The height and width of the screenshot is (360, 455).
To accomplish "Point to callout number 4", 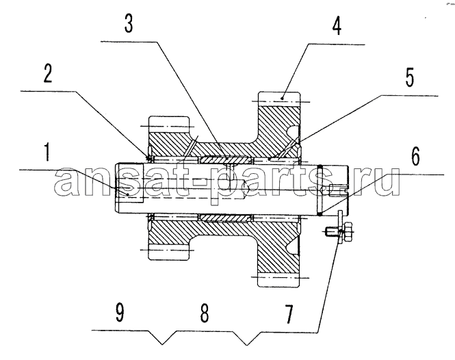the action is pyautogui.click(x=337, y=26).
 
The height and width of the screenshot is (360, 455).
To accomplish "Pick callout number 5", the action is pyautogui.click(x=410, y=77).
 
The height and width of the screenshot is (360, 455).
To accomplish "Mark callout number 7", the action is pyautogui.click(x=289, y=314).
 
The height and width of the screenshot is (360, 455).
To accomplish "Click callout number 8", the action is pyautogui.click(x=205, y=313).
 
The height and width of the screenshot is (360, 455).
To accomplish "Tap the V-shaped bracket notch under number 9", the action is pyautogui.click(x=163, y=337).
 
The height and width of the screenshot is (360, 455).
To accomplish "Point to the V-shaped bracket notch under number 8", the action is pyautogui.click(x=246, y=338).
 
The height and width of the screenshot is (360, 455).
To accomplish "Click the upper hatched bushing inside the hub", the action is pyautogui.click(x=224, y=159).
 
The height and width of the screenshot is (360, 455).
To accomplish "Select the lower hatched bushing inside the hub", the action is pyautogui.click(x=224, y=218).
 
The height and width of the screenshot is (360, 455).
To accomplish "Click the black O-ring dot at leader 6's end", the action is pyautogui.click(x=320, y=214).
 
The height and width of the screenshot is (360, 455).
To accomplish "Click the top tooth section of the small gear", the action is pyautogui.click(x=169, y=125).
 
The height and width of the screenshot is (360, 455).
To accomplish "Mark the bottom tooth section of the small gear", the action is pyautogui.click(x=169, y=252).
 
